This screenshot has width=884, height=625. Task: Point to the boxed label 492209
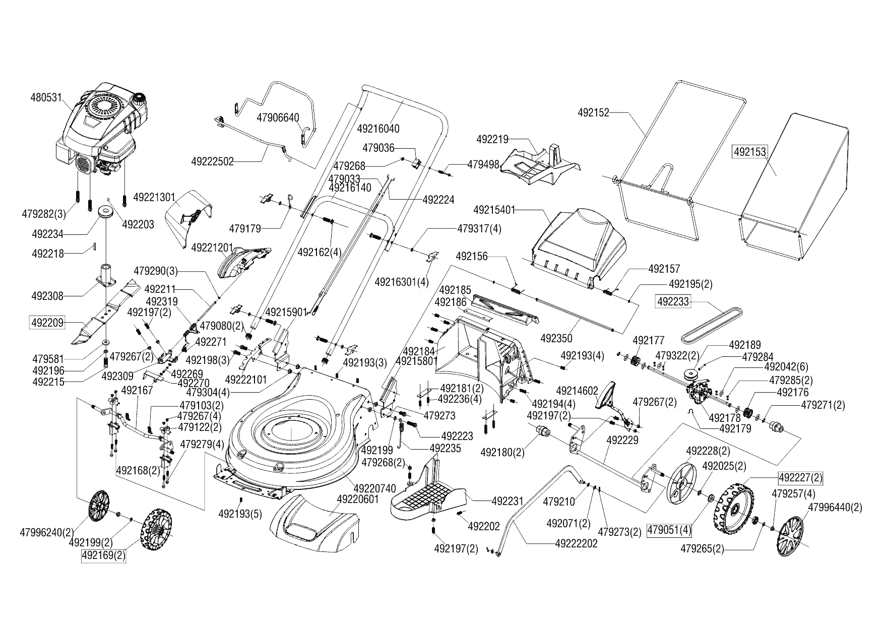(x=48, y=323)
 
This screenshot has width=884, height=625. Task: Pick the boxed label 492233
(x=672, y=302)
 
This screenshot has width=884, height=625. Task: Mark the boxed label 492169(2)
(x=104, y=555)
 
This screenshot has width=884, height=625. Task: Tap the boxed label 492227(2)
(x=800, y=477)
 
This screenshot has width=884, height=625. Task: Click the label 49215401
(x=494, y=209)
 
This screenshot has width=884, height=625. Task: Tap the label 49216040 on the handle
(x=378, y=129)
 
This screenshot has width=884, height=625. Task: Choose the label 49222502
(x=213, y=162)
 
